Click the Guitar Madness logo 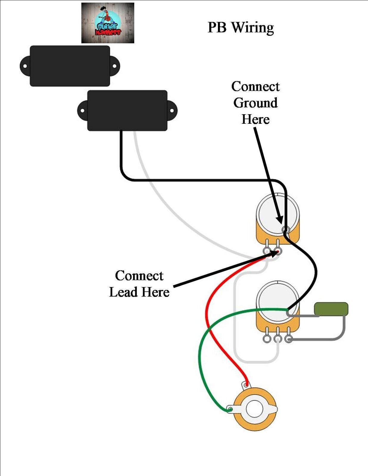pos(108,23)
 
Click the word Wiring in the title pos(252,28)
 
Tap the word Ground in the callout pos(255,103)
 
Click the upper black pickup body pos(70,66)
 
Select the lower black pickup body pos(127,111)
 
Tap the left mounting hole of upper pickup pos(25,66)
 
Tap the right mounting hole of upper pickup pos(115,66)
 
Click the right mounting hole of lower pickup pos(172,111)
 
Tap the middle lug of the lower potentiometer pos(277,339)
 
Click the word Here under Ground pos(255,119)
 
